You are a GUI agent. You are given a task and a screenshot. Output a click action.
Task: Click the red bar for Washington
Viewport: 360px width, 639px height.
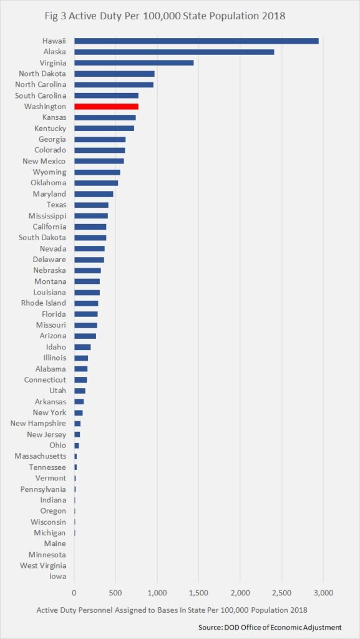click(x=106, y=106)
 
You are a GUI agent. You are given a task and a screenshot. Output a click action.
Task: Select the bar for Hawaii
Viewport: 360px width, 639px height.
click(x=197, y=41)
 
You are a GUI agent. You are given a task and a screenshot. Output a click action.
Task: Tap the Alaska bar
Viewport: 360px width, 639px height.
click(x=174, y=52)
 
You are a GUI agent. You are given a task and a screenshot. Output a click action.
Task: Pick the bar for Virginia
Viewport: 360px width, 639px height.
click(x=134, y=63)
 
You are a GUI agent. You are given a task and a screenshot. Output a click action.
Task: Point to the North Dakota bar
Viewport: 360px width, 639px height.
click(x=114, y=74)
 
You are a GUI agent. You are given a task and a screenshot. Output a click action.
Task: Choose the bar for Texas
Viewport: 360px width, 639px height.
click(x=91, y=205)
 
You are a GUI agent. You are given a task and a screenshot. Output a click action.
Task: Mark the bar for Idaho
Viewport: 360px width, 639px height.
click(x=82, y=347)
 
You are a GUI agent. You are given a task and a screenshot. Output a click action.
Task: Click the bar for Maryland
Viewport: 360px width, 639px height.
click(x=94, y=193)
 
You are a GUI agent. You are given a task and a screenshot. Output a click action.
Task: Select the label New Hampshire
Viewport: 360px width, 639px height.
click(x=38, y=424)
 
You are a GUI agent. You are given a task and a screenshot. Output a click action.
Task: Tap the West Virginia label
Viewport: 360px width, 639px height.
click(x=43, y=565)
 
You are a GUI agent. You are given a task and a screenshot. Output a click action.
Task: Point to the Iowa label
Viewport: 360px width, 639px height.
click(x=57, y=577)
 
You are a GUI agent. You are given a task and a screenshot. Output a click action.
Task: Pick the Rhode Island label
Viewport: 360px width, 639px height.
click(x=44, y=303)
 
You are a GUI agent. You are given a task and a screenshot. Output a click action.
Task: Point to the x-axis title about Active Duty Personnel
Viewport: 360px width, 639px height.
click(x=172, y=610)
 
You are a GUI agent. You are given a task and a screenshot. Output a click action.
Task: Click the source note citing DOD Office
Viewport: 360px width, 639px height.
click(x=270, y=627)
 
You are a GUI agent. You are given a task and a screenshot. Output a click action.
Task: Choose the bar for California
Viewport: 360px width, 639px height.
click(x=90, y=227)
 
